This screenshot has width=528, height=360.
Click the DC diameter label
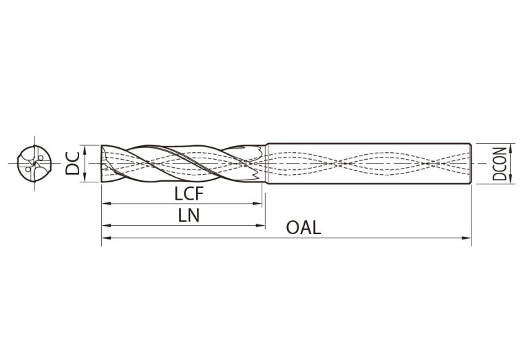[x=72, y=164]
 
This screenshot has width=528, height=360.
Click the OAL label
[x=304, y=228]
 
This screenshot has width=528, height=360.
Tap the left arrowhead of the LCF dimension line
[x=105, y=204]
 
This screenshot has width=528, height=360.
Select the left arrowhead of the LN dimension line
[x=105, y=226]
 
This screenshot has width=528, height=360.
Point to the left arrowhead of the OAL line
[x=105, y=239]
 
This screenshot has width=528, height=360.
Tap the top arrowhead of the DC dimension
[x=85, y=148]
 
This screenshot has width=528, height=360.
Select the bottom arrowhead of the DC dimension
[x=85, y=179]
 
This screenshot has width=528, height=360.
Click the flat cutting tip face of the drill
[x=102, y=164]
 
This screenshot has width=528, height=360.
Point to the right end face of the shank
[x=470, y=164]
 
